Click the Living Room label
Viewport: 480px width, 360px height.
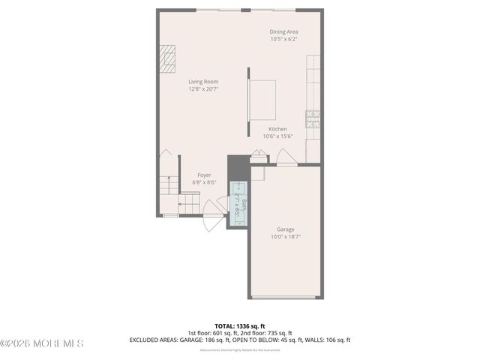tap(203, 82)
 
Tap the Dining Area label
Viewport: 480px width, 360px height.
tap(284, 31)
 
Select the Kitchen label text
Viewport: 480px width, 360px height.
tap(277, 129)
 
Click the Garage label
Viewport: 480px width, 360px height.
tap(285, 229)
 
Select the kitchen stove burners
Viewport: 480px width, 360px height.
tap(312, 118)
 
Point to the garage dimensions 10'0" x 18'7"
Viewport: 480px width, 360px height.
tap(285, 237)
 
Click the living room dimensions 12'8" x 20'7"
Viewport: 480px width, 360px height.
tap(203, 89)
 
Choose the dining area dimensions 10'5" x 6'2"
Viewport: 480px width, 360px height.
tap(284, 39)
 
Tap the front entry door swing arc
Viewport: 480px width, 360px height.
tap(212, 223)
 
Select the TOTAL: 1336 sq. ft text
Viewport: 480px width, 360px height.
tap(239, 326)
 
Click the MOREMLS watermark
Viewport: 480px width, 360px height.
tap(42, 343)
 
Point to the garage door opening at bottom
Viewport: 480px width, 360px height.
tap(284, 298)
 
